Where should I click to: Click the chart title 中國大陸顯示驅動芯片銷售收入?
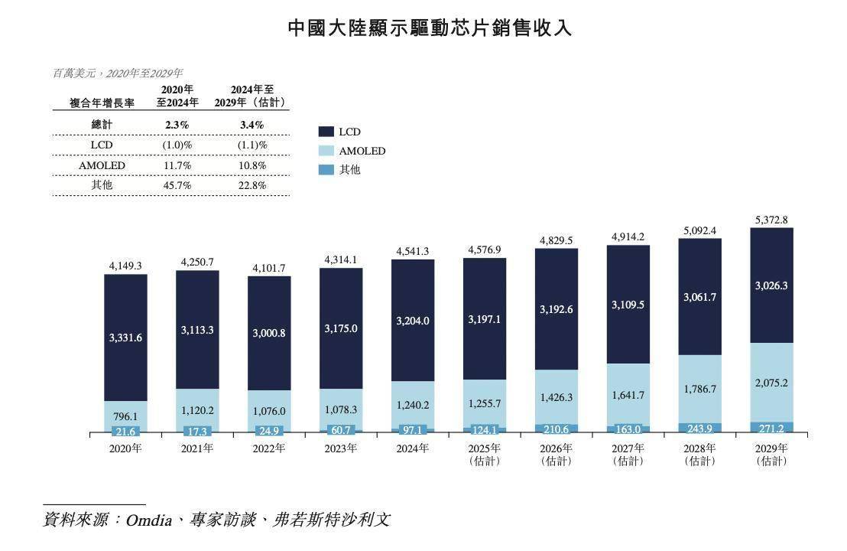point(430,28)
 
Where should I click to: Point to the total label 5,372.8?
point(771,220)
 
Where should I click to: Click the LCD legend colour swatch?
point(326,132)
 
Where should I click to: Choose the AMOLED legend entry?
point(362,151)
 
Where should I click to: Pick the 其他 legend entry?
point(349,169)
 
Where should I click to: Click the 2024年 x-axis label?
point(413,448)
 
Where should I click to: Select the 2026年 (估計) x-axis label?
point(557,455)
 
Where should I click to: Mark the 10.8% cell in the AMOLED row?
point(252,165)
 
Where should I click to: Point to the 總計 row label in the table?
point(102,125)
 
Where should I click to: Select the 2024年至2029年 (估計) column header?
point(252,96)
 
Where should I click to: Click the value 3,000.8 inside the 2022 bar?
point(269,334)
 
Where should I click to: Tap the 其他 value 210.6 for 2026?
point(557,429)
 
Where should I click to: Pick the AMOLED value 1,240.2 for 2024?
point(413,405)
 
